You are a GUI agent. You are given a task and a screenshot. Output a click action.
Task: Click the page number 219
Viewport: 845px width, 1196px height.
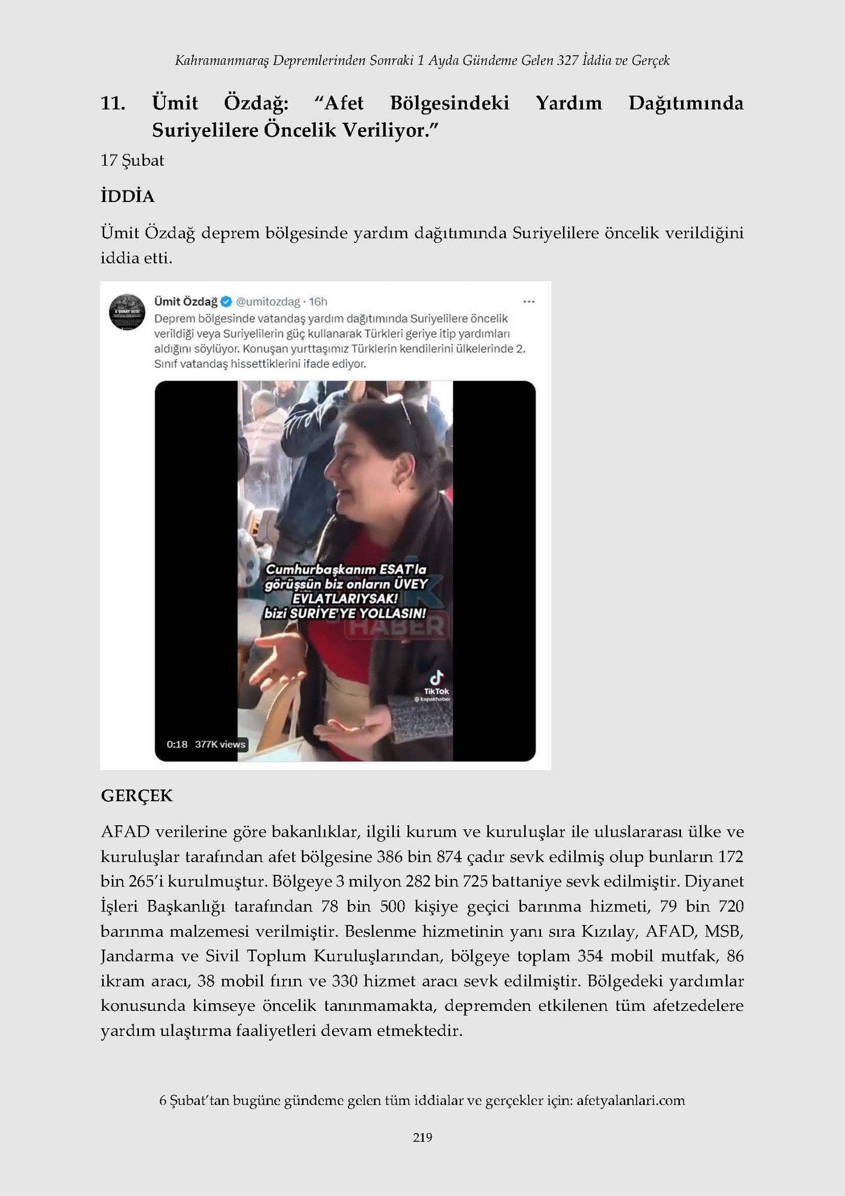(422, 1137)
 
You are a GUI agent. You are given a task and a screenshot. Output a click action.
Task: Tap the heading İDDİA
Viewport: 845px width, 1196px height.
(127, 197)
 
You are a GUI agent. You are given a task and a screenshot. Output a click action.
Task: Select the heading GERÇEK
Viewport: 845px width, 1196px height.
(137, 795)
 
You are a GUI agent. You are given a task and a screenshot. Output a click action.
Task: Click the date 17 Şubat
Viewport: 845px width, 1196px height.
(132, 160)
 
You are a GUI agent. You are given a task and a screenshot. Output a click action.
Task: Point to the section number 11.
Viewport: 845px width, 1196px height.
(113, 103)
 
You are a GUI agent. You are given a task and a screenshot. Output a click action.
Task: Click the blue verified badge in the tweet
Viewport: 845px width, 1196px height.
(227, 301)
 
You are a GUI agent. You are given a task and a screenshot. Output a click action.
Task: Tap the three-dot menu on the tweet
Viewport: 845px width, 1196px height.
(529, 301)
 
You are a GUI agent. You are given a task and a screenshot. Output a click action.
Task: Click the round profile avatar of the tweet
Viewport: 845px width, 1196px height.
(127, 312)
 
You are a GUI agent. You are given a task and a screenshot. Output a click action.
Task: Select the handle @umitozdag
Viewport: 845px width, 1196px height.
(268, 301)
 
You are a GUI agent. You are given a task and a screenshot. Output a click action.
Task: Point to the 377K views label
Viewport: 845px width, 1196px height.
(220, 744)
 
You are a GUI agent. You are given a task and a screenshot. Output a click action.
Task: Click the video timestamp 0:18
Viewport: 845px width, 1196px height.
(177, 744)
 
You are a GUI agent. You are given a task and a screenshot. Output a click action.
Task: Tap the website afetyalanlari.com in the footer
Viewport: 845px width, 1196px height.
(630, 1101)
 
